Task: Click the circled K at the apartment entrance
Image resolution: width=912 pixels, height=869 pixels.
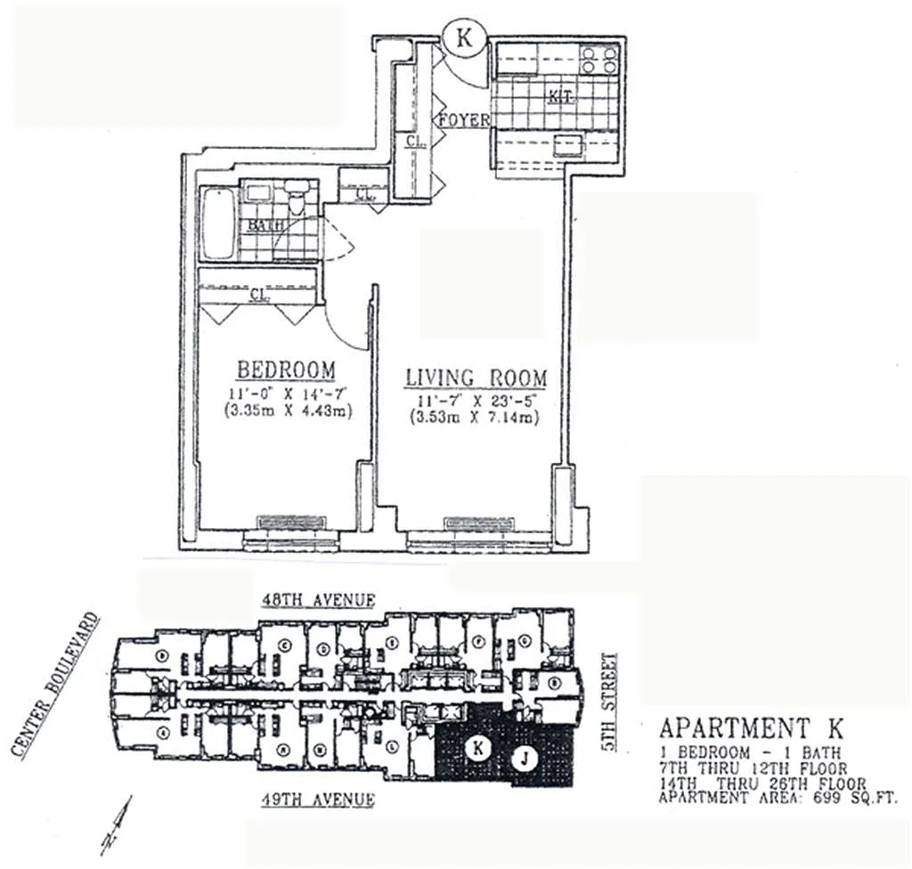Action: (463, 38)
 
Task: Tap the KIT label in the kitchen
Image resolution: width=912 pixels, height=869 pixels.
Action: (559, 93)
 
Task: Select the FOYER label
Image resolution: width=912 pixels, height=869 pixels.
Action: (463, 119)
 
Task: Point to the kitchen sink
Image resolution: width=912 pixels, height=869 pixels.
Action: (568, 145)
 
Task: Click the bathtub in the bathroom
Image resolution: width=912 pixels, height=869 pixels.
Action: (218, 223)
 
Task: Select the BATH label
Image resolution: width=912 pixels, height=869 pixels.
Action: (265, 225)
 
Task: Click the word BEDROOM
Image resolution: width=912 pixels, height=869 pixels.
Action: (285, 369)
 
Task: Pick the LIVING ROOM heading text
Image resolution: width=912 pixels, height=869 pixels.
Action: (476, 378)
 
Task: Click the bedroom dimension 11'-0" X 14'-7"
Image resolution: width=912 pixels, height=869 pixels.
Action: (285, 393)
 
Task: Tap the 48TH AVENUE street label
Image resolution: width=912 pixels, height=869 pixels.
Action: (318, 601)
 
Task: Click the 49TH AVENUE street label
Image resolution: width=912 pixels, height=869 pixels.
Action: (318, 800)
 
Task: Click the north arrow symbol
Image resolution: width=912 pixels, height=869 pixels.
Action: (116, 824)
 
